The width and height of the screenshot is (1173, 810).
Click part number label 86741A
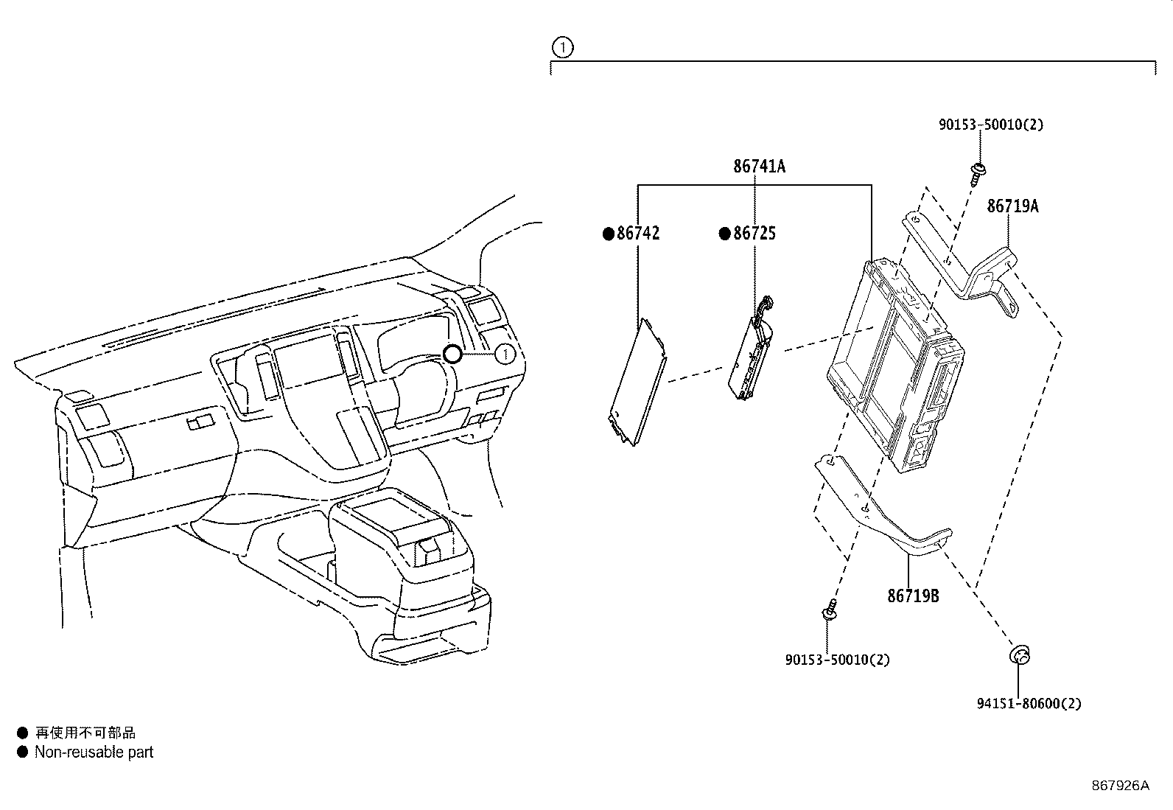(759, 167)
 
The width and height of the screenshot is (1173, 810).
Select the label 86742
(638, 234)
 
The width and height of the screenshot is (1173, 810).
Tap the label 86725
(754, 234)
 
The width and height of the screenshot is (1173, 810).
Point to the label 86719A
(1012, 206)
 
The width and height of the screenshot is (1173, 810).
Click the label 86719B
(913, 596)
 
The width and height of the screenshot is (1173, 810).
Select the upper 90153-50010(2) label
(991, 125)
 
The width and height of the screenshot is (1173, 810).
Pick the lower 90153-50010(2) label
(838, 660)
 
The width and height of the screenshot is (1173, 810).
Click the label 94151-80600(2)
(1029, 704)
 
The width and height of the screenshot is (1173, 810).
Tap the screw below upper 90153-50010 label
(978, 172)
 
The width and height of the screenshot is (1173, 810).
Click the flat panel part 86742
(638, 381)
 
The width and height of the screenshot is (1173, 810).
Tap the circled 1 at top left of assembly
(562, 48)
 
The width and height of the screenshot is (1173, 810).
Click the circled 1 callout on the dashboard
(505, 355)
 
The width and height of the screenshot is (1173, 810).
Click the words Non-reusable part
(94, 753)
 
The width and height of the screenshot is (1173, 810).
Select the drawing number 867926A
(1120, 786)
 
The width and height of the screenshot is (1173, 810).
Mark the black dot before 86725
(725, 234)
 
